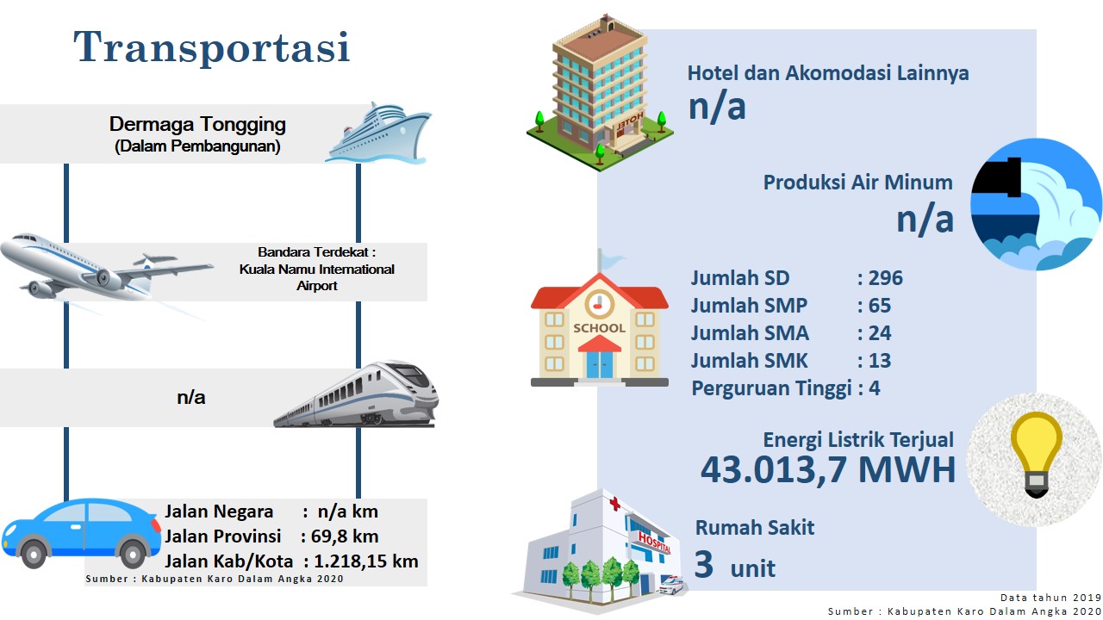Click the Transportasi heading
click(212, 46)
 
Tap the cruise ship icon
click(378, 133)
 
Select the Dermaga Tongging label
click(197, 124)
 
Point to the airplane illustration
click(107, 268)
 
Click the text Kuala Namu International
click(316, 270)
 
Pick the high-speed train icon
click(356, 394)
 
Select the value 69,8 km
click(345, 536)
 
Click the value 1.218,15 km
click(366, 561)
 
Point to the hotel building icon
click(600, 94)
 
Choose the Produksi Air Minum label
click(857, 183)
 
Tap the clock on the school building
click(599, 305)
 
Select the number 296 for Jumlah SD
click(885, 278)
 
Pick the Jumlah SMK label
click(749, 361)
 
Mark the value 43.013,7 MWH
click(828, 469)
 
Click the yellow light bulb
click(1036, 454)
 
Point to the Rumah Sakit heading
click(754, 528)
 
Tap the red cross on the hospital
click(614, 504)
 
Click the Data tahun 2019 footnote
click(1050, 598)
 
